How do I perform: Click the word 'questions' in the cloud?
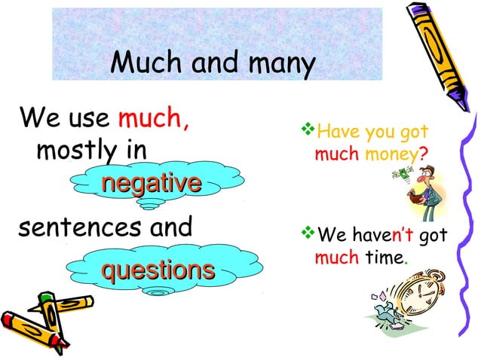tap(158, 269)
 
